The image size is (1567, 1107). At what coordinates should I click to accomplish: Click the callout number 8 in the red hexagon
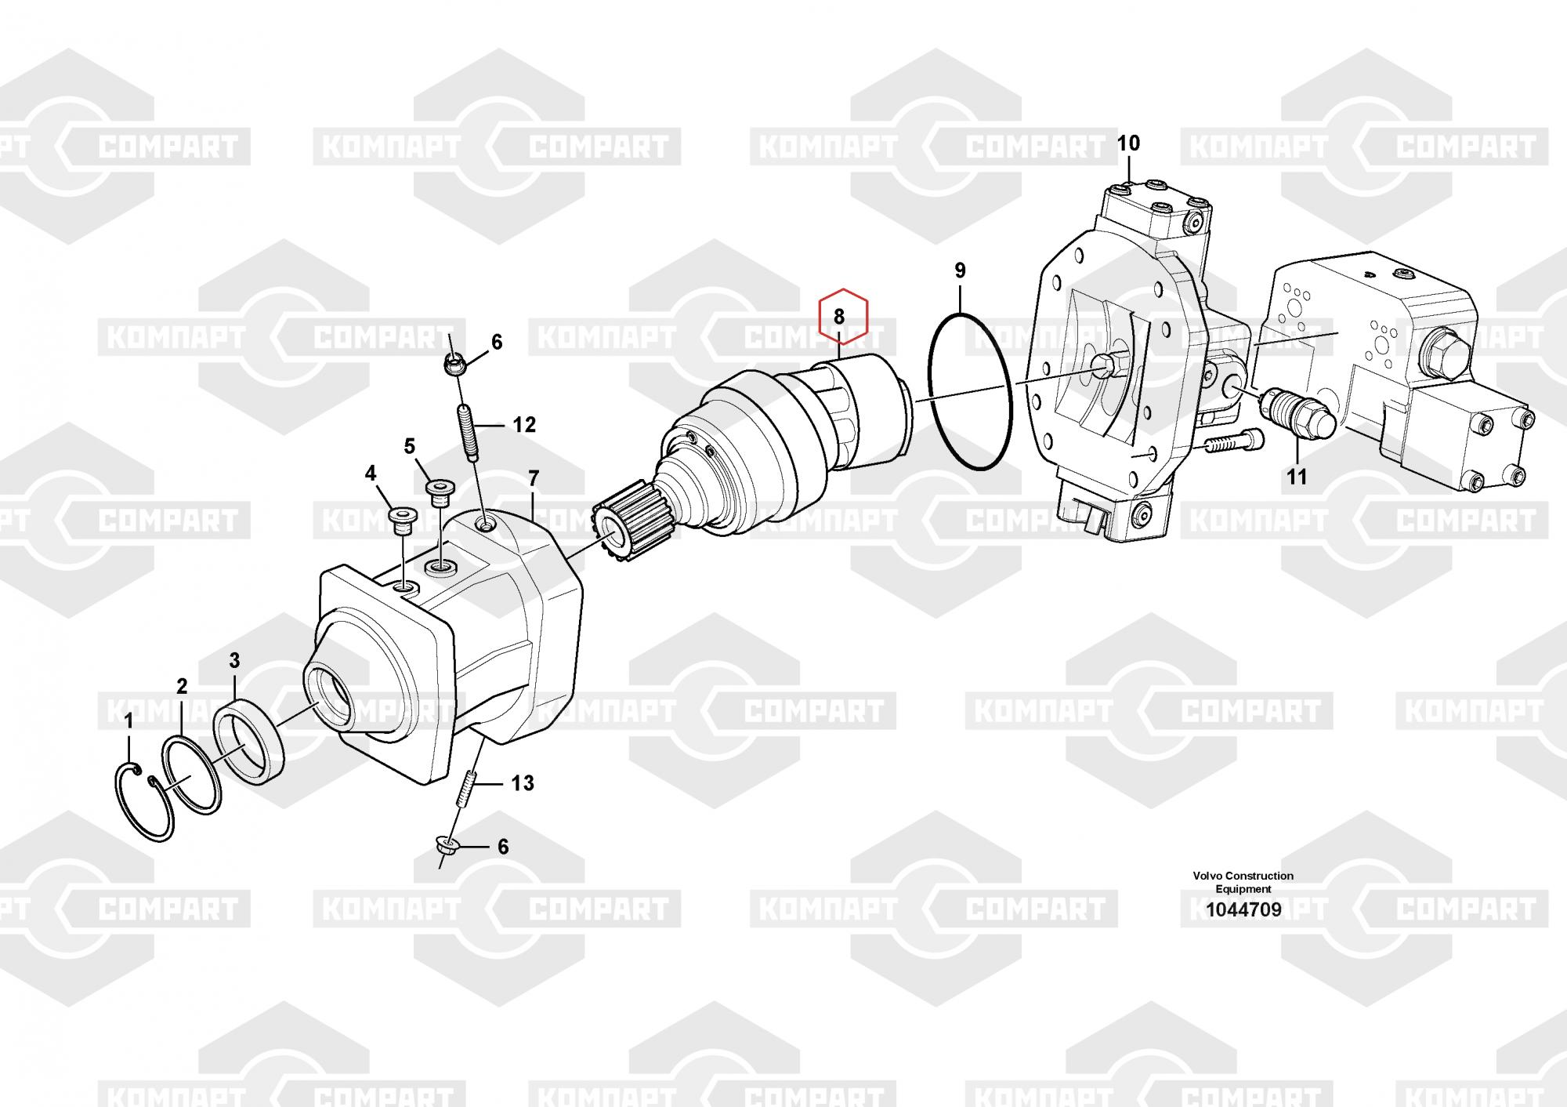pyautogui.click(x=839, y=317)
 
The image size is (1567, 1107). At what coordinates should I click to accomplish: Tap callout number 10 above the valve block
pyautogui.click(x=1128, y=143)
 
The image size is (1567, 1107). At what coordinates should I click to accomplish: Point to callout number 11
pyautogui.click(x=1297, y=476)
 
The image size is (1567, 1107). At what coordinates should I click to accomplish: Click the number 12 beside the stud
pyautogui.click(x=524, y=425)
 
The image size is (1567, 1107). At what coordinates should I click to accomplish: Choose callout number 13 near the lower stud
pyautogui.click(x=523, y=782)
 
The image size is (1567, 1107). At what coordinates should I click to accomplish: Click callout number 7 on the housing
pyautogui.click(x=534, y=477)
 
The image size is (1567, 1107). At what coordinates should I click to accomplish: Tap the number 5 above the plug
pyautogui.click(x=410, y=447)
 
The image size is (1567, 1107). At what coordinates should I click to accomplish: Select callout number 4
pyautogui.click(x=371, y=473)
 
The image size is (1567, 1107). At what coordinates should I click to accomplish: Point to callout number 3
pyautogui.click(x=234, y=661)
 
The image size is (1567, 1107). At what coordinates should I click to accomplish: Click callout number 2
pyautogui.click(x=182, y=687)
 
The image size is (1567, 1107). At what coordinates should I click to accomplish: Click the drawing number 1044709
pyautogui.click(x=1243, y=910)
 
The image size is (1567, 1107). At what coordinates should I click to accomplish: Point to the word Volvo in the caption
pyautogui.click(x=1207, y=876)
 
